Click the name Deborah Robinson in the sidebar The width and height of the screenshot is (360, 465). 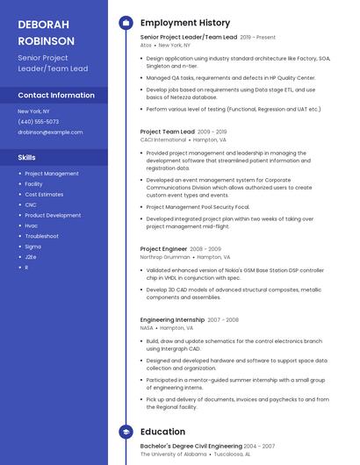[x=45, y=32]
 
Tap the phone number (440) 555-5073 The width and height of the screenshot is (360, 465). [x=39, y=121]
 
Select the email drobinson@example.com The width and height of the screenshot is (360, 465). [x=50, y=132]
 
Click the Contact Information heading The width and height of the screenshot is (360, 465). [x=56, y=95]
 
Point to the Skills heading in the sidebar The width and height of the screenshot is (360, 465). [x=27, y=157]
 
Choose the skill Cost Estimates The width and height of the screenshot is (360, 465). [x=44, y=194]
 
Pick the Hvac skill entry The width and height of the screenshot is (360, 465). [x=32, y=225]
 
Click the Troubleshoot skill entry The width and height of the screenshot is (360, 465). [x=41, y=236]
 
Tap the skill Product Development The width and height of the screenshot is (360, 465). [x=53, y=215]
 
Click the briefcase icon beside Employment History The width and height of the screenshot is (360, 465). [x=126, y=23]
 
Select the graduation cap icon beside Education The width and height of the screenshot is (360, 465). [x=126, y=432]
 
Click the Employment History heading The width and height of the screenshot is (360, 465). [x=185, y=23]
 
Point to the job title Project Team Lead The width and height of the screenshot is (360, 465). [x=168, y=132]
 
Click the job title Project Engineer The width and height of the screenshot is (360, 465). [x=163, y=249]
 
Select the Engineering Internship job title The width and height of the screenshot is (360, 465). [x=172, y=319]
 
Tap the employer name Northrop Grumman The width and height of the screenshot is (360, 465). [x=164, y=257]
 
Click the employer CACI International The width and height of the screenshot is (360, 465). [x=163, y=139]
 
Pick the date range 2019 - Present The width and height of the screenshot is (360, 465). [x=257, y=37]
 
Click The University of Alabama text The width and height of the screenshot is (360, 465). [x=172, y=454]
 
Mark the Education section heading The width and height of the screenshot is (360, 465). [x=162, y=432]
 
